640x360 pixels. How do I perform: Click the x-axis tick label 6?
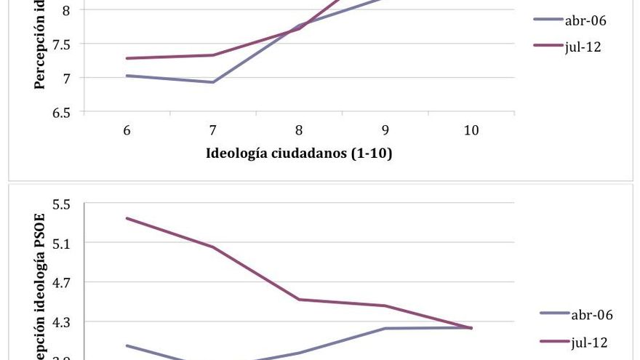(127, 131)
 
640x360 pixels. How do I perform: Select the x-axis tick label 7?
(213, 131)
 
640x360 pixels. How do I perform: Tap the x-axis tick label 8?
(299, 131)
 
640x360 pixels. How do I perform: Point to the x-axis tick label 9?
(385, 131)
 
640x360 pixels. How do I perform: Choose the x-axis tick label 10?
(471, 131)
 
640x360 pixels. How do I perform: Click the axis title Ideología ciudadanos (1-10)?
(299, 153)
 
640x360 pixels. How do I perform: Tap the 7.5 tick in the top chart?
(61, 44)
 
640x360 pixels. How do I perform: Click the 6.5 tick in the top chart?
(61, 113)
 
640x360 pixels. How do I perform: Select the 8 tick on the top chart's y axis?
(66, 10)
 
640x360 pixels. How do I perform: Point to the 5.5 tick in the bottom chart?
(61, 204)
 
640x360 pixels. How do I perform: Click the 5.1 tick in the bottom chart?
(61, 243)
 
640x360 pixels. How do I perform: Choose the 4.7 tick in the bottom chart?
(61, 282)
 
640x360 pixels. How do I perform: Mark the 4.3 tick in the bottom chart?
(61, 321)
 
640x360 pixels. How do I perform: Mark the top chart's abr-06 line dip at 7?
(213, 82)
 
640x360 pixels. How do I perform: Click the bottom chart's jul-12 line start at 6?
(127, 218)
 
